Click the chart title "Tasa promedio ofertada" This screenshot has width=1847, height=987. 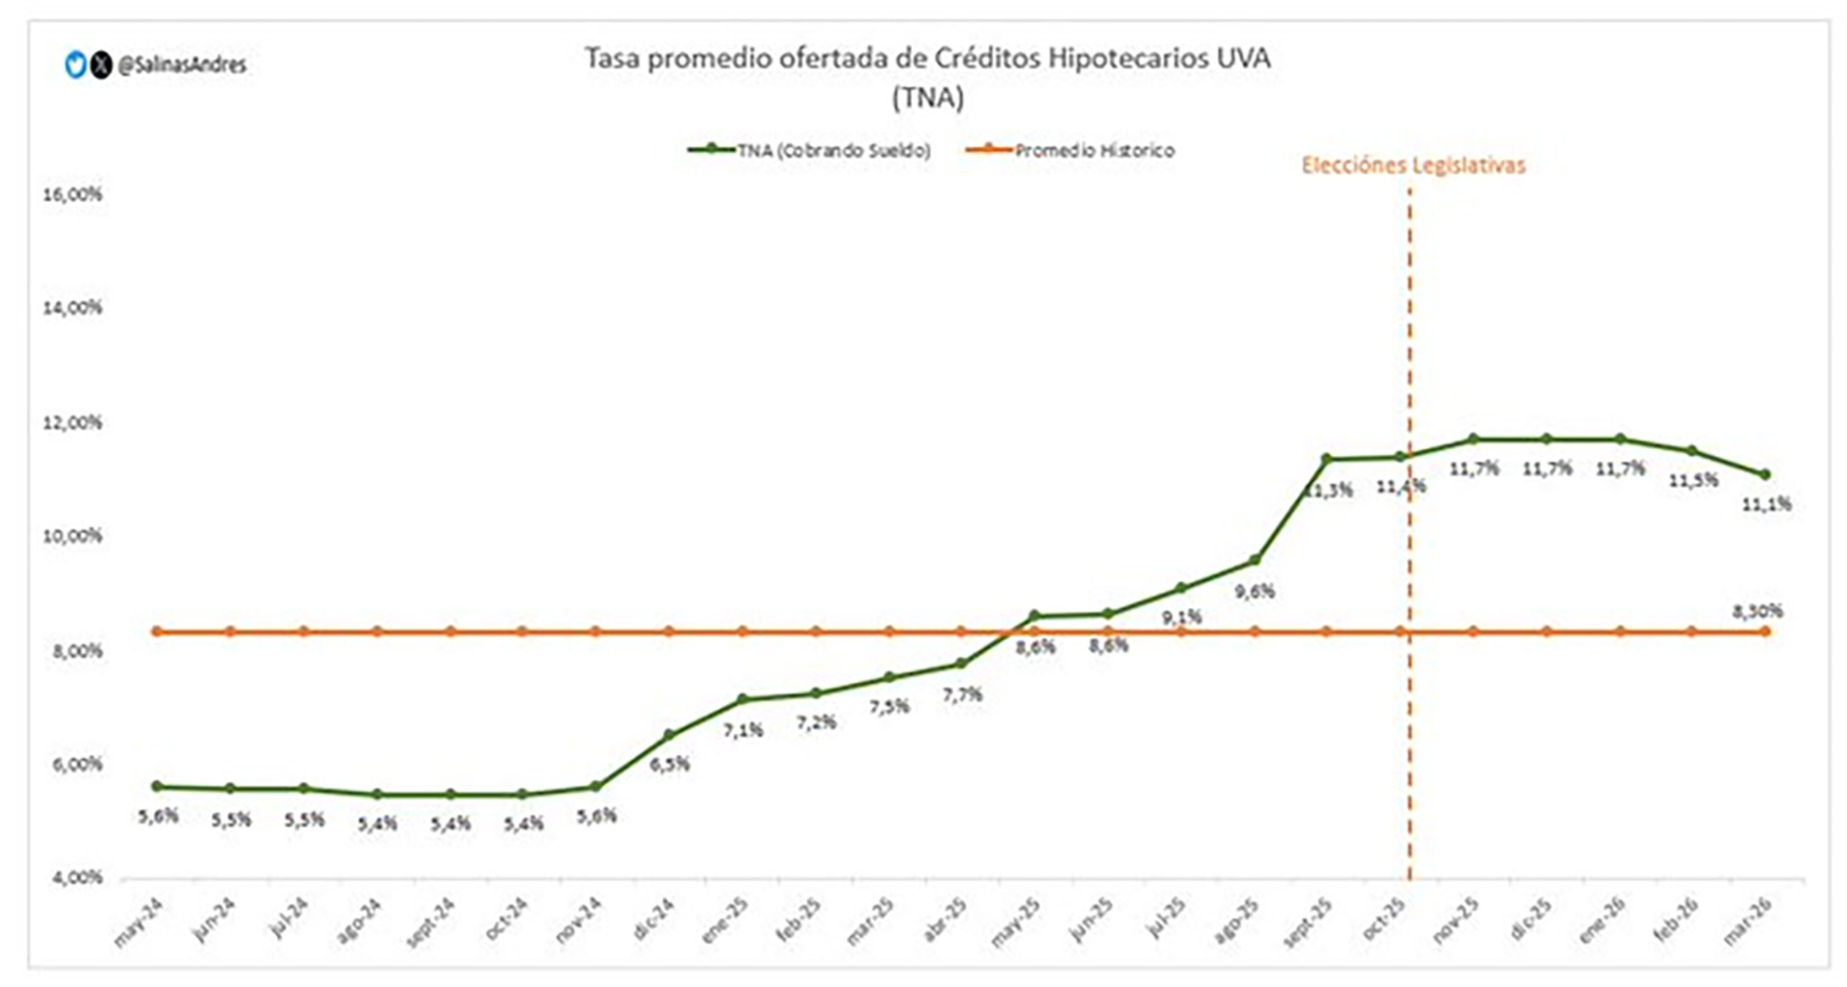pos(927,59)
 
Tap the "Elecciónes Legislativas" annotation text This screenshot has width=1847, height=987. pos(1413,165)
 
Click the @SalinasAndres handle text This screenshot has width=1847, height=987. pos(182,65)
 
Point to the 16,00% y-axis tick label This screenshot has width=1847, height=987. pos(72,194)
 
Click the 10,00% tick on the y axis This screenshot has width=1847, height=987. pos(72,536)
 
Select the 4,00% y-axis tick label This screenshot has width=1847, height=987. pos(72,877)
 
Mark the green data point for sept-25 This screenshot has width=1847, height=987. pos(1327,459)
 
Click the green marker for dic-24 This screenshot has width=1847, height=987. pos(670,735)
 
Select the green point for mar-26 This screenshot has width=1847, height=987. pos(1765,474)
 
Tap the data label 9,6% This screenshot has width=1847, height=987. pos(1254,592)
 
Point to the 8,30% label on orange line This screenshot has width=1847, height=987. pos(1757,611)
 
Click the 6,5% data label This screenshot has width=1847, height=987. pos(670,765)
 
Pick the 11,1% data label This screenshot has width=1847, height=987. pos(1766,503)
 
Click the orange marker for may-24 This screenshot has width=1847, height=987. pos(157,632)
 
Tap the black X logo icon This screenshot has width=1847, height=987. pos(101,65)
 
